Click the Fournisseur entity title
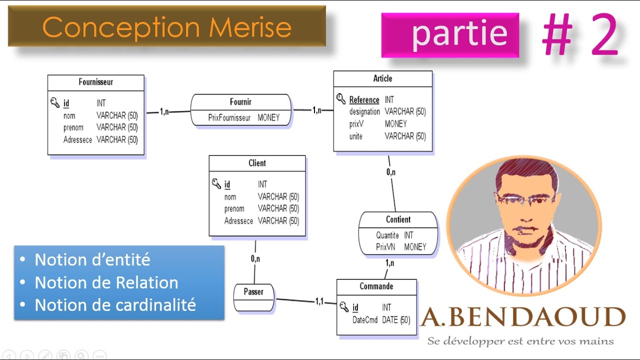click(95, 82)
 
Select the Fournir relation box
click(240, 110)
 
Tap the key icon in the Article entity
click(341, 98)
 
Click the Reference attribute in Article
click(364, 100)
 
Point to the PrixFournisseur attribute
click(229, 118)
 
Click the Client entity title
click(257, 163)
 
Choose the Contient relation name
click(398, 219)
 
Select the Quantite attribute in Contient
click(387, 235)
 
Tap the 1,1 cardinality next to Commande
click(319, 301)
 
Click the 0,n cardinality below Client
click(255, 259)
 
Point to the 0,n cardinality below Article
click(391, 172)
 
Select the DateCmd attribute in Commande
click(364, 320)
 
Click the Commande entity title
click(376, 286)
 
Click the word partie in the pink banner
click(459, 34)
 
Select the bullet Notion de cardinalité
click(115, 305)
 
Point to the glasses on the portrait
click(525, 199)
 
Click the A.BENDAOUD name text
click(523, 317)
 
